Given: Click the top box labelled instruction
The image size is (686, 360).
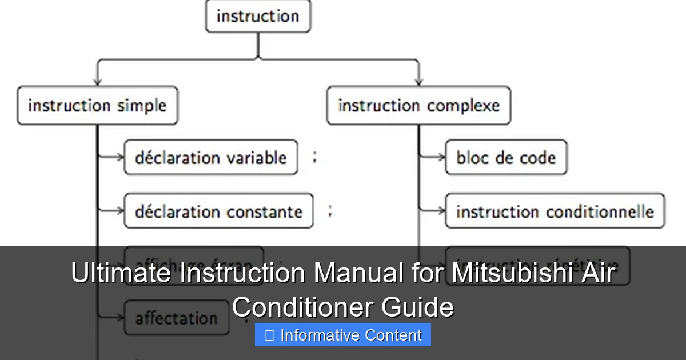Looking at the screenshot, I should point(258,16).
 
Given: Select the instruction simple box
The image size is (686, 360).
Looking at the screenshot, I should point(97,106).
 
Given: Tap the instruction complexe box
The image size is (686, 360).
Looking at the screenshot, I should point(418,106).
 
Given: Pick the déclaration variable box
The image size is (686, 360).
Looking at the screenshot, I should point(210,157).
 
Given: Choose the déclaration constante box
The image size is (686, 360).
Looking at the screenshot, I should point(218,211).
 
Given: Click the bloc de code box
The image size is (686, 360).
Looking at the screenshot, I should point(506,157).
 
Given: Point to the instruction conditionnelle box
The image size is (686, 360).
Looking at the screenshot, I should point(555,211).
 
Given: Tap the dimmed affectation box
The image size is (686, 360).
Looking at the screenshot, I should point(176,318).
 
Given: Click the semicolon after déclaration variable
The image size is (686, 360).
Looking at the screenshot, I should point(314,158).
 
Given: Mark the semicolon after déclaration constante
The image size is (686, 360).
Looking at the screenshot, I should point(329,211).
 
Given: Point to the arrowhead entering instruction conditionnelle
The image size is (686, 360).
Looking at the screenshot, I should point(441,211).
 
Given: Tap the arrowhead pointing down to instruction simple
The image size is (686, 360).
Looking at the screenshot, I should point(97,82).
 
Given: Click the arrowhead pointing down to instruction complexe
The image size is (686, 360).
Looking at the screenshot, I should point(418,82).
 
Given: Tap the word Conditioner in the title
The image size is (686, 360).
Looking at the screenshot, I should point(302,307).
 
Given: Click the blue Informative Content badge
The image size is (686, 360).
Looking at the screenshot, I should point(343,335).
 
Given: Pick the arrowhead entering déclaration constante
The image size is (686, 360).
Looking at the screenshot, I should point(120,211).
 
